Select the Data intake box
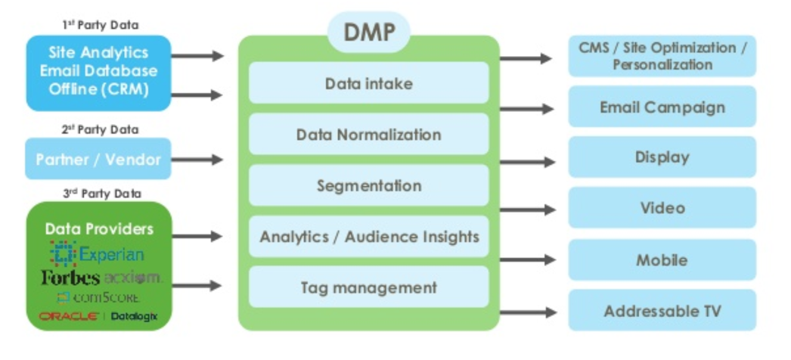pos(368,83)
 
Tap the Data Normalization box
pos(368,135)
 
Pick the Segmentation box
pos(368,185)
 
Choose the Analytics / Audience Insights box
pos(368,237)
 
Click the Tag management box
pos(368,287)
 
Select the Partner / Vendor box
pos(98,160)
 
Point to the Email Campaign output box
pos(662,107)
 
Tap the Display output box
pos(662,157)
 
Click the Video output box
pos(662,208)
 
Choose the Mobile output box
pos(662,260)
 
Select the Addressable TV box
pos(662,311)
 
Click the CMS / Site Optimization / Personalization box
pos(662,56)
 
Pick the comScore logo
pos(98,297)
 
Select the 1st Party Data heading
pos(100,25)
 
